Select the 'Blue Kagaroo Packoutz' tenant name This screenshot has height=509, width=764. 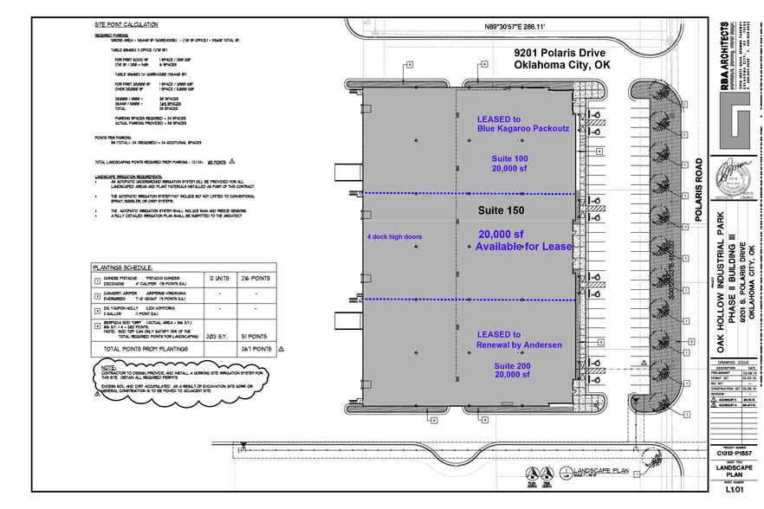(522, 129)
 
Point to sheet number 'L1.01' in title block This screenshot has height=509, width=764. (733, 490)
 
